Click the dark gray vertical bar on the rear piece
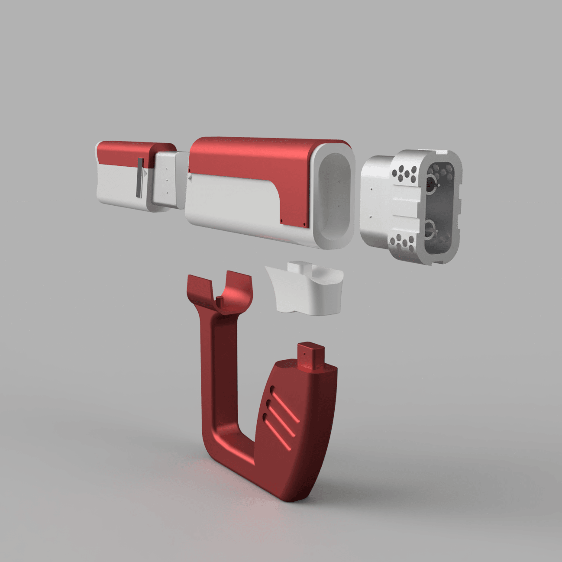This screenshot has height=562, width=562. point(140,178)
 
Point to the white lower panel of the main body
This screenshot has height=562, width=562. point(229,203)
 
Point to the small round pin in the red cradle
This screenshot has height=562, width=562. point(220,300)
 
